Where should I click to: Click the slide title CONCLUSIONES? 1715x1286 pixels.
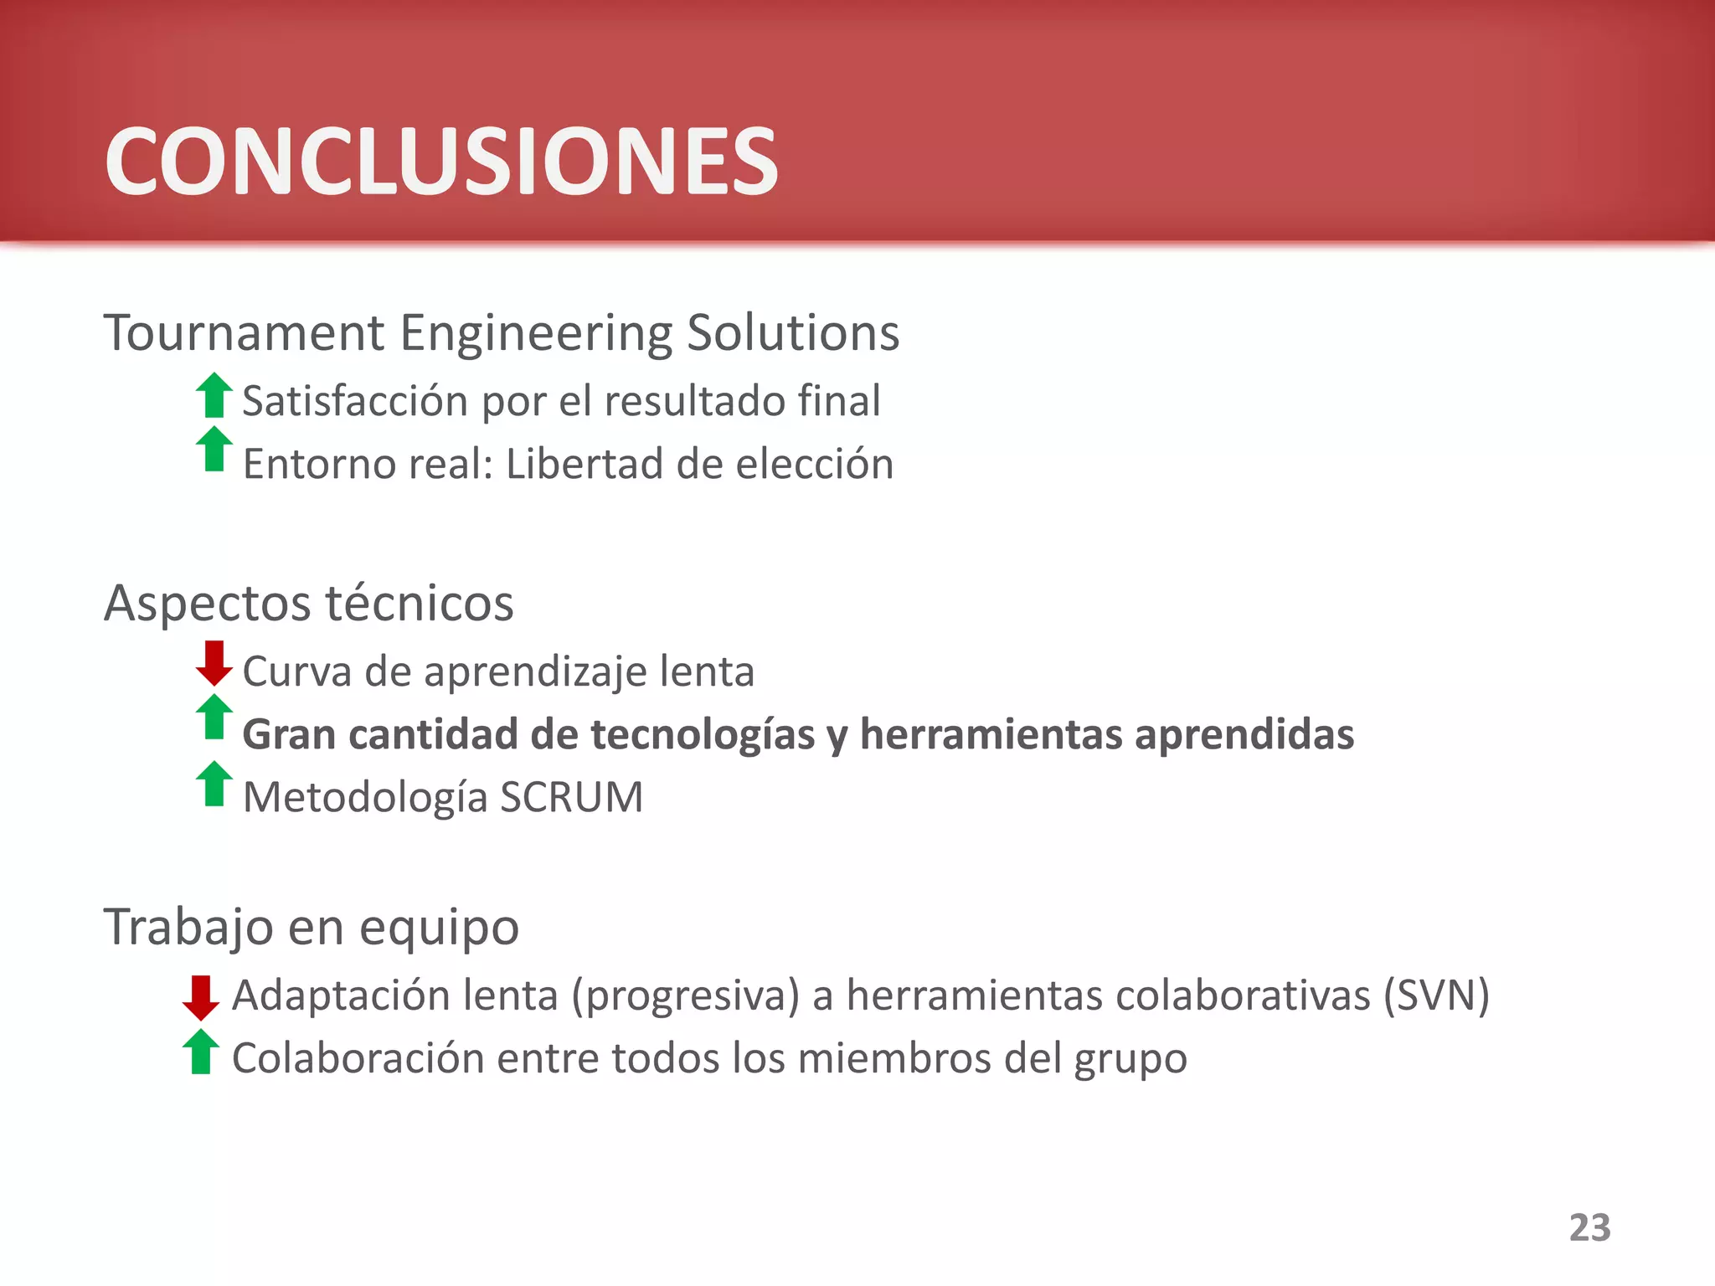tap(441, 161)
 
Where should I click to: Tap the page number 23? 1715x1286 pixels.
tap(1589, 1227)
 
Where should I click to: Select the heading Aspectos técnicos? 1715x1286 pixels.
tap(308, 603)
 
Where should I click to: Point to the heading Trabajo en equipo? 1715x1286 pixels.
tap(311, 927)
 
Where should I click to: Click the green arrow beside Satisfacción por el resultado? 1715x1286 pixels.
tap(214, 395)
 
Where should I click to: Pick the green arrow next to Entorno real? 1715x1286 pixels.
tap(214, 450)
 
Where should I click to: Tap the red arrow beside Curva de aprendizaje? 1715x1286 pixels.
tap(214, 663)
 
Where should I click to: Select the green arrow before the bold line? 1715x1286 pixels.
tap(214, 718)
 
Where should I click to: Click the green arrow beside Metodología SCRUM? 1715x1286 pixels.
tap(214, 784)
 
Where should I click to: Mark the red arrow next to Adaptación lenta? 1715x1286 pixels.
tap(200, 997)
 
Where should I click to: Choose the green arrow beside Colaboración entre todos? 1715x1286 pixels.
tap(200, 1052)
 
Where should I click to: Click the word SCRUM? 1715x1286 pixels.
tap(571, 797)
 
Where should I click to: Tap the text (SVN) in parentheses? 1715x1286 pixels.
tap(1435, 995)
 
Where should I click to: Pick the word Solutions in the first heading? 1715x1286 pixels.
tap(792, 332)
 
